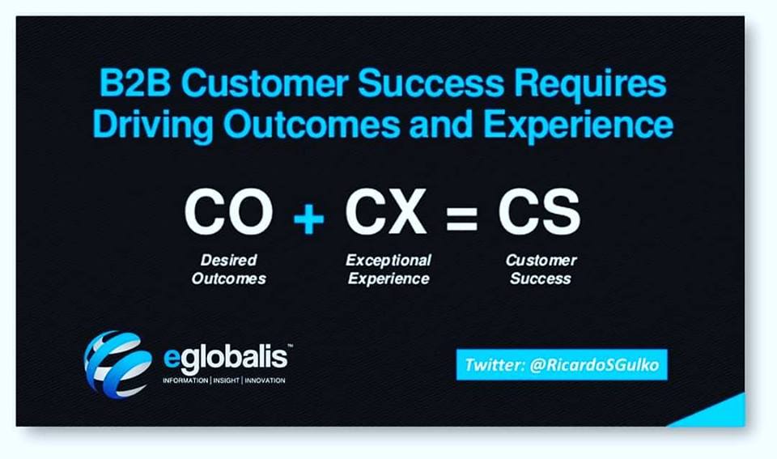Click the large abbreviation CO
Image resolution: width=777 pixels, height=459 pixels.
click(228, 212)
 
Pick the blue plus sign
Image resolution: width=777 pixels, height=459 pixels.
click(308, 218)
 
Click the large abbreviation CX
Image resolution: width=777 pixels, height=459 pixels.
click(385, 212)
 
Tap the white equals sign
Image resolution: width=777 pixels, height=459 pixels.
click(461, 219)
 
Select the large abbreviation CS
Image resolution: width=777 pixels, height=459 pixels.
click(539, 212)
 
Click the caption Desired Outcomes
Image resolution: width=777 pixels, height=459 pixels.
click(228, 269)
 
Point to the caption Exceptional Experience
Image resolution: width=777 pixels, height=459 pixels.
click(388, 269)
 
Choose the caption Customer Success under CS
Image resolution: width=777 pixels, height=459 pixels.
click(541, 269)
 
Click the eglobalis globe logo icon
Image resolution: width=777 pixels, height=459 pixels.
click(118, 364)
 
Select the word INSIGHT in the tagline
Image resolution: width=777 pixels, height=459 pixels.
click(226, 380)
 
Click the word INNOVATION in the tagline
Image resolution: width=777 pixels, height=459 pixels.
click(265, 380)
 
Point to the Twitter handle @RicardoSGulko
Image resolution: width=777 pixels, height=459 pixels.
click(594, 365)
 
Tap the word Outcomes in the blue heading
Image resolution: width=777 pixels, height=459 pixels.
click(311, 125)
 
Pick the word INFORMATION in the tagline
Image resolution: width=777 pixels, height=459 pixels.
click(185, 380)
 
